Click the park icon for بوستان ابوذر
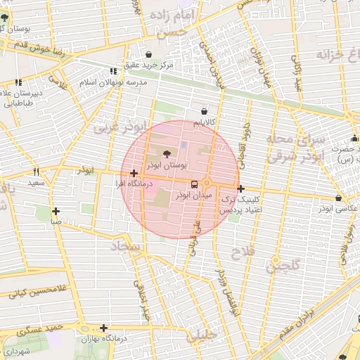tap(167, 154)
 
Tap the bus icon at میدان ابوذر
tap(195, 184)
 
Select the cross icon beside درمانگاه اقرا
tap(134, 173)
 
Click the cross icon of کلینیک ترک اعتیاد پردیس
tap(241, 188)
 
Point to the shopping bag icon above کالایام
tap(205, 110)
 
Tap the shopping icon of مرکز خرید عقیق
tap(148, 54)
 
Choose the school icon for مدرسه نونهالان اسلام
tap(113, 71)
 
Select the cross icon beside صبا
tap(56, 211)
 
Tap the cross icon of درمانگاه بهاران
tap(103, 328)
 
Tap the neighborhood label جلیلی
tap(202, 336)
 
